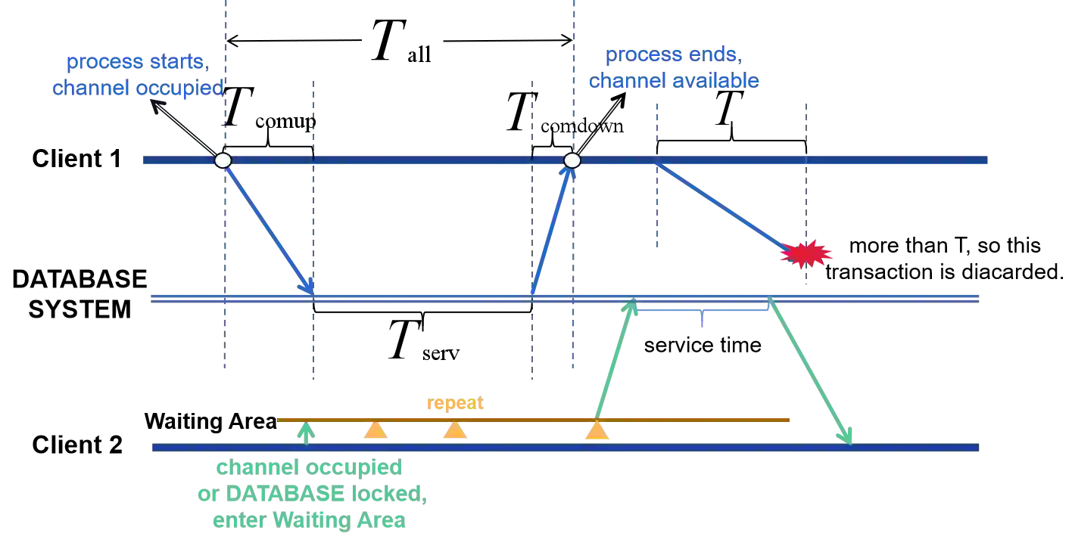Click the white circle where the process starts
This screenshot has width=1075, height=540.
point(223,160)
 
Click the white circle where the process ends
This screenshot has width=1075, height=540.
point(572,160)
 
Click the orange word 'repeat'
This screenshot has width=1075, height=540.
point(453,404)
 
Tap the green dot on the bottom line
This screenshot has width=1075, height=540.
point(305,433)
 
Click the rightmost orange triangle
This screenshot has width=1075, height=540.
point(597,431)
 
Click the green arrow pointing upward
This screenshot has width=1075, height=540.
point(613,363)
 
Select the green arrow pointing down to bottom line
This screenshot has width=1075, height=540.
point(809,371)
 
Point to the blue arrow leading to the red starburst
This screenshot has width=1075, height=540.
point(727,207)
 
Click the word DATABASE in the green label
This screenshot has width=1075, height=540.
point(287,495)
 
